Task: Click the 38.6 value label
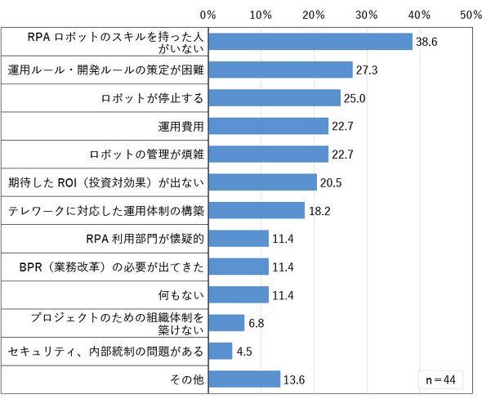point(426,42)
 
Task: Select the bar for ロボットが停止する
point(274,98)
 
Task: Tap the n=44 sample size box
point(440,380)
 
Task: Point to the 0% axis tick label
point(208,15)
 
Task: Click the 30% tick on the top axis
point(367,15)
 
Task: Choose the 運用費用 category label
point(181,127)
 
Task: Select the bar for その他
point(244,379)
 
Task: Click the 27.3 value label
point(367,70)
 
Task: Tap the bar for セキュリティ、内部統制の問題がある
point(221,351)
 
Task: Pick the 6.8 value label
point(257,323)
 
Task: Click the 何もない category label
point(181,295)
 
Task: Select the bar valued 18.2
point(257,210)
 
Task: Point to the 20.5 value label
point(331,182)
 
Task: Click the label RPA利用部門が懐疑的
point(145,239)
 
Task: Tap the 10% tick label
point(261,15)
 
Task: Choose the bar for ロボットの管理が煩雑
point(268,155)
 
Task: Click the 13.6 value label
point(294,380)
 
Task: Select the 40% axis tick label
point(419,15)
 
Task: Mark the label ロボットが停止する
point(152,98)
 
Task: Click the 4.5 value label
point(244,352)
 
